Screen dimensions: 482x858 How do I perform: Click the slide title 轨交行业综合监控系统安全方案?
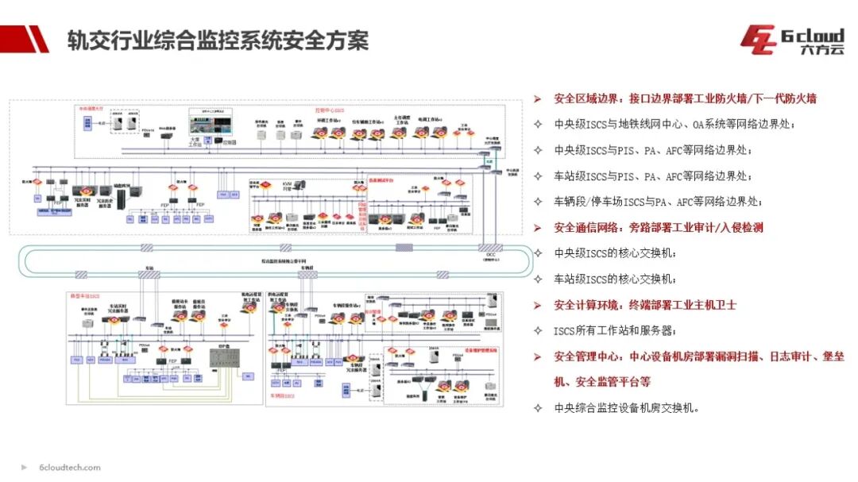point(218,40)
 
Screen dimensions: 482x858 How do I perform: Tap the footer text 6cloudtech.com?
point(70,468)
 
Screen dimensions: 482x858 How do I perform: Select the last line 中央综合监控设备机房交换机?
point(627,408)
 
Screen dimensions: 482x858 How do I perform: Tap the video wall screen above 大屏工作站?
point(209,125)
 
